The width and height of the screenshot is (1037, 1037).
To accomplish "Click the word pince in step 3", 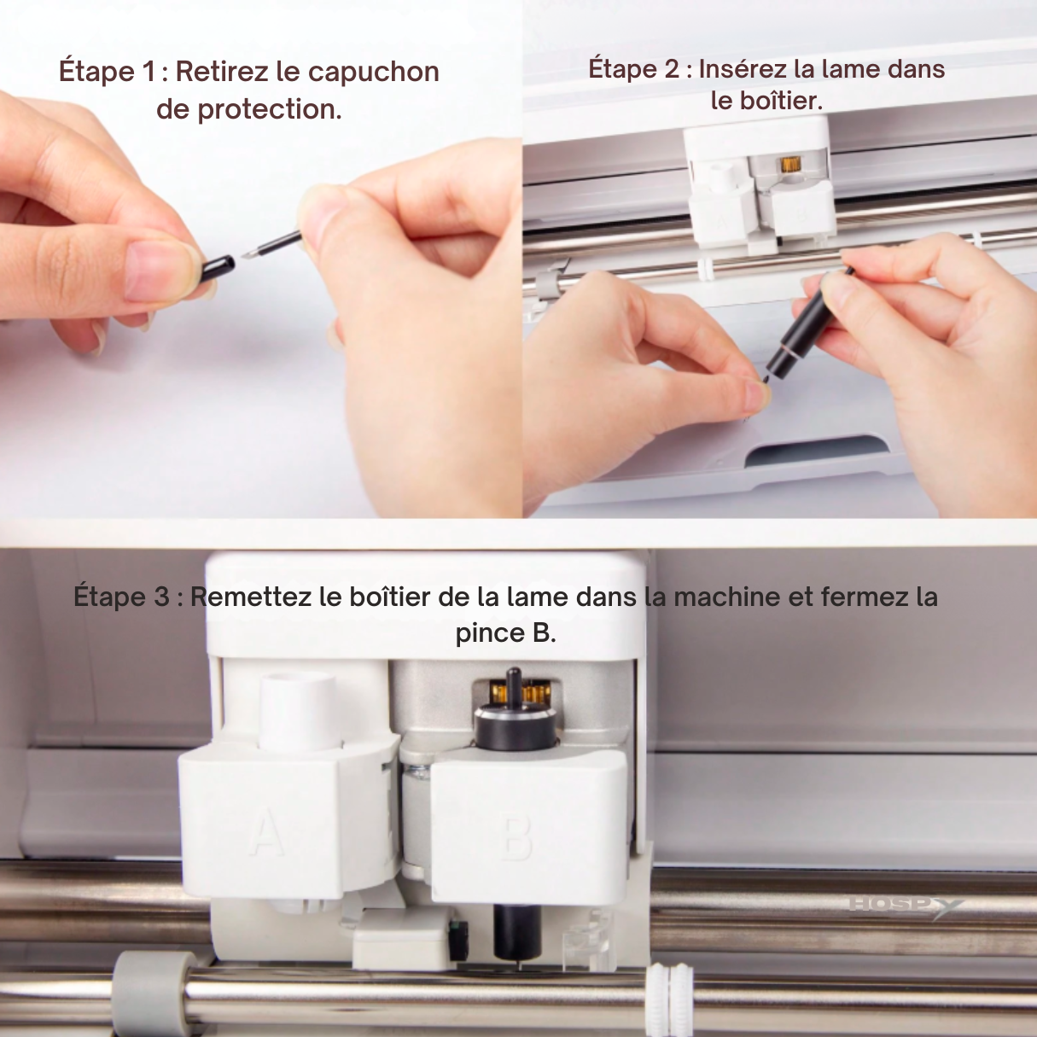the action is (x=490, y=633).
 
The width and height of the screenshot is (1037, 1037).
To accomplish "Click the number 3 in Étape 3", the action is (x=161, y=597).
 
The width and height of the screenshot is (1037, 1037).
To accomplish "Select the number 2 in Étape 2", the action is (x=672, y=69).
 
